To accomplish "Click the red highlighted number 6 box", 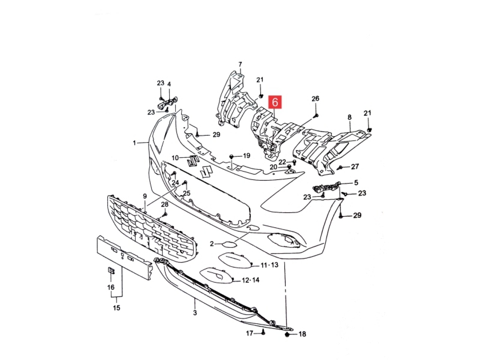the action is coord(275,102).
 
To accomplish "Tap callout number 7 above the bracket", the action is coord(240,64).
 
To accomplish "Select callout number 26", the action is coord(315,99).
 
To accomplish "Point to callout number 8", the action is coord(349,117).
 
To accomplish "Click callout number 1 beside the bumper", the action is coord(135,143).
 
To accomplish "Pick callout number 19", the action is coord(246,156).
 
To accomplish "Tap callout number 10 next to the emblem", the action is coord(175,157).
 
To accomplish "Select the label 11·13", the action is coord(269,265).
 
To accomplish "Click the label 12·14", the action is coord(250,280).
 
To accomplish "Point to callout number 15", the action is coord(117,308).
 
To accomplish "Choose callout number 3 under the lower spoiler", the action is coord(195,313).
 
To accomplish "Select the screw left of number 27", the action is coord(340,168).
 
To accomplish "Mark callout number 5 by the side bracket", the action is coord(356,182).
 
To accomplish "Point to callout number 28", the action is coord(165,204).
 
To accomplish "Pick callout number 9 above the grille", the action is coord(145,196).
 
